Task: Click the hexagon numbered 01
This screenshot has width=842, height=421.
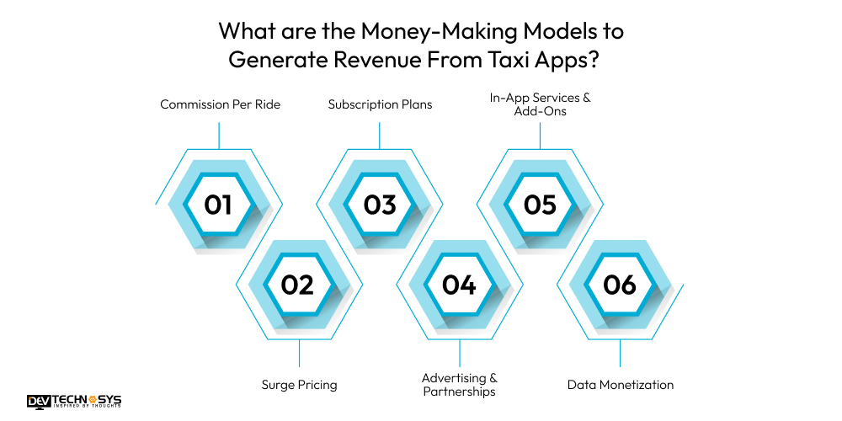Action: [218, 205]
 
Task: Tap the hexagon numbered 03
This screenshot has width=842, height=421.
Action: [380, 205]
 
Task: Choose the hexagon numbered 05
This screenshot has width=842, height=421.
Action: [540, 205]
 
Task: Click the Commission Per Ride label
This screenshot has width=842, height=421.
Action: [220, 104]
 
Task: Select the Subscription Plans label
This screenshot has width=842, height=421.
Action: [380, 104]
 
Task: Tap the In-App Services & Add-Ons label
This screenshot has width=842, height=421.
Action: [541, 104]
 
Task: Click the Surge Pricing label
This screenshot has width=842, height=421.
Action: [299, 385]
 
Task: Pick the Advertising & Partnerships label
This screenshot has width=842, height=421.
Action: [459, 385]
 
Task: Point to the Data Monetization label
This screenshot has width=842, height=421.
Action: [621, 385]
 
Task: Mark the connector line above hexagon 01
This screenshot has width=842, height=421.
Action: [219, 135]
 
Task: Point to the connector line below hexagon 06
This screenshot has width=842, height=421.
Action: [620, 353]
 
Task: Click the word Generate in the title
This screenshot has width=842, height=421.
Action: [282, 61]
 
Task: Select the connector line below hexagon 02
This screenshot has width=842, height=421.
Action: [299, 353]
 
